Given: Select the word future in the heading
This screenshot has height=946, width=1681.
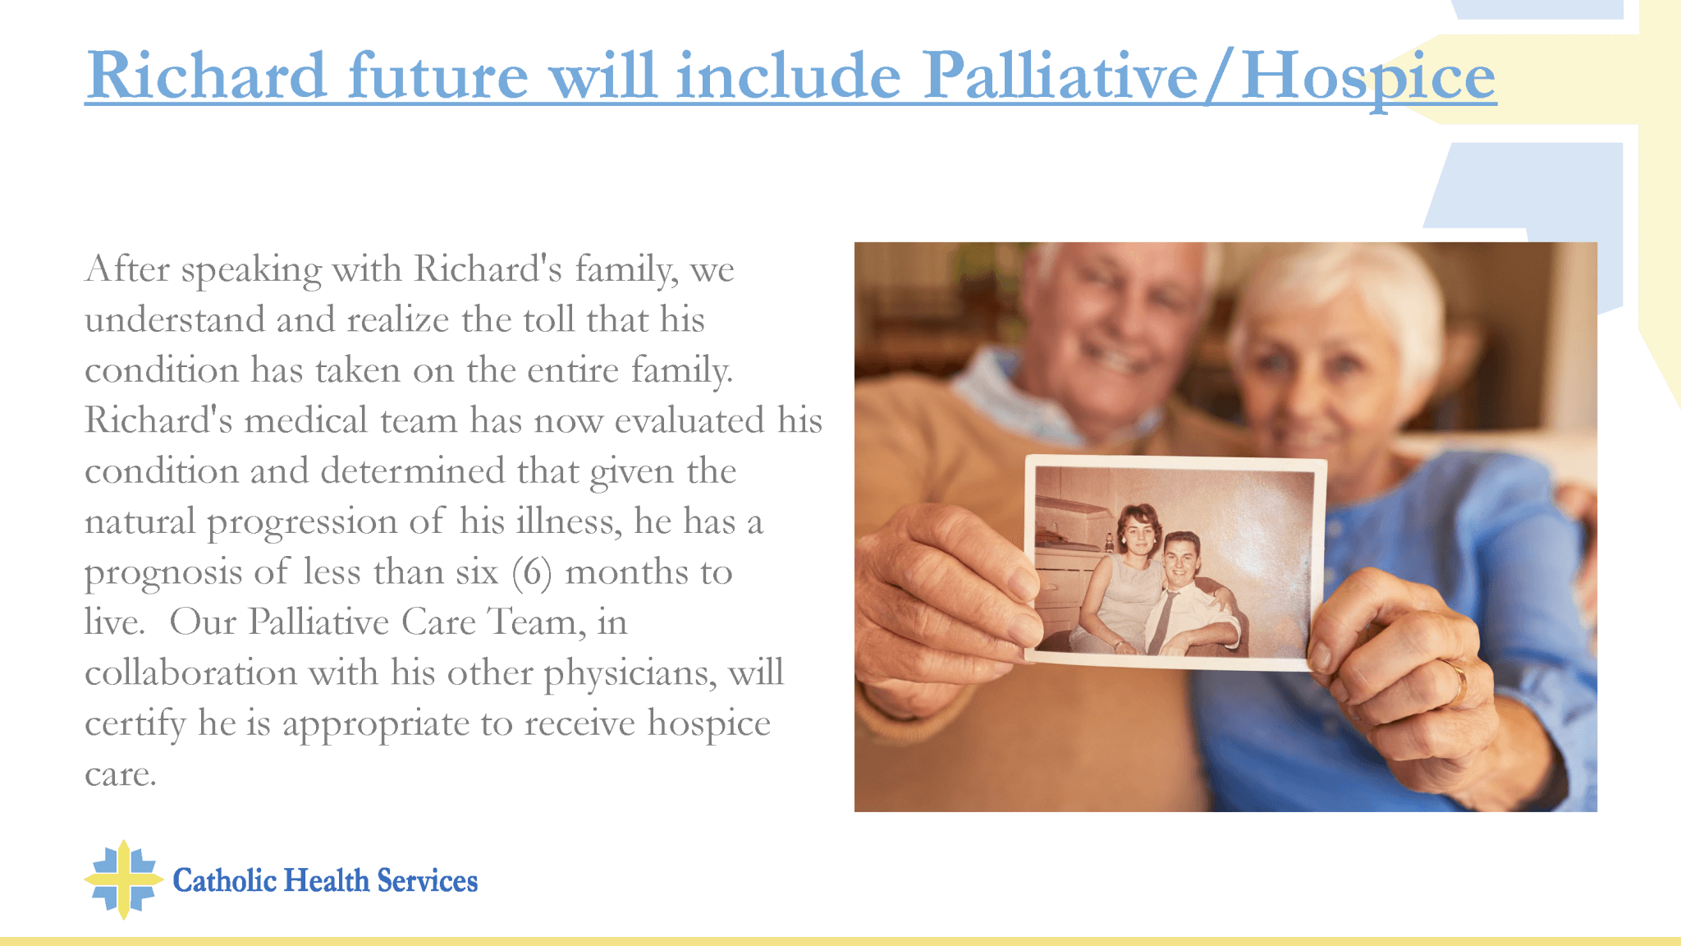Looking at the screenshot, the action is (438, 76).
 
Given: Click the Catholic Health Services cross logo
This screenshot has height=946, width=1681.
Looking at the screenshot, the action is (123, 879).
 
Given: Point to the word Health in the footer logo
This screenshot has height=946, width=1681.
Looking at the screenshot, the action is (327, 880).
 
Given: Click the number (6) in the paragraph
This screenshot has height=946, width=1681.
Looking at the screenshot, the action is (531, 572).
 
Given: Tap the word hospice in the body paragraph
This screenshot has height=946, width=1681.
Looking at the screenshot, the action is (708, 723).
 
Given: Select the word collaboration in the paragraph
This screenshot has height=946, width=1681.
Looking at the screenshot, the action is (190, 673).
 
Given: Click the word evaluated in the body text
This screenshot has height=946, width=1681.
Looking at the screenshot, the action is (689, 420).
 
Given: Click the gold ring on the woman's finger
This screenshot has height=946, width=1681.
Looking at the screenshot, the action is (1458, 681).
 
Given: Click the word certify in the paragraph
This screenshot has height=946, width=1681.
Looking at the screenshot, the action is (135, 724).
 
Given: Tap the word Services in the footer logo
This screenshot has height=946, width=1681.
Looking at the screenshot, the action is (427, 880).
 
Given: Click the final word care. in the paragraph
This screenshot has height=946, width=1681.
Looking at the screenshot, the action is (120, 774).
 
